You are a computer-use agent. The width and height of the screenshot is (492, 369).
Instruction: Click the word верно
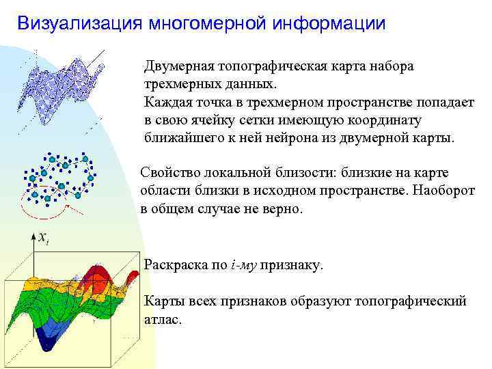(x=281, y=208)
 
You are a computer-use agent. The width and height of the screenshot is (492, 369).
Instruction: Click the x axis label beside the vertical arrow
(x=44, y=238)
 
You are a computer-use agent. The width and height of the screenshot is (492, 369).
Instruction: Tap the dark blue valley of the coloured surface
(x=49, y=338)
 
